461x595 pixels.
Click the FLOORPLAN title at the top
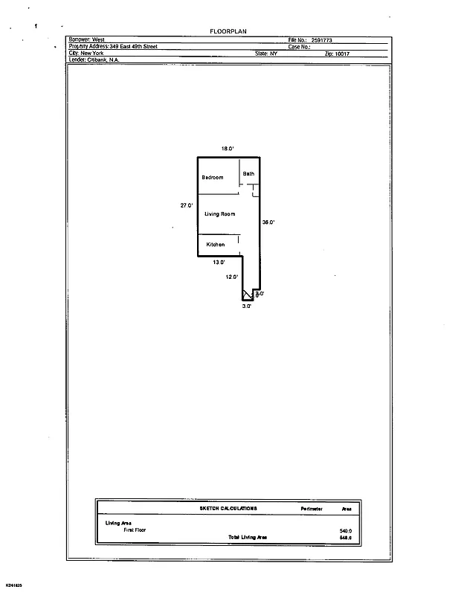tap(228, 31)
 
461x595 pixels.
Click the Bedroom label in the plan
tap(213, 178)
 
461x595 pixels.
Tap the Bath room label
tap(248, 174)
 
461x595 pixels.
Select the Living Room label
tap(220, 214)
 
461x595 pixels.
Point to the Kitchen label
tap(216, 245)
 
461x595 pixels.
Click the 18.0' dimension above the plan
tap(228, 149)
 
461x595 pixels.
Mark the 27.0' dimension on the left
tap(187, 205)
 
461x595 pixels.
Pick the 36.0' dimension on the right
tap(268, 222)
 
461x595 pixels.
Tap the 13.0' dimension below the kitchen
tap(219, 263)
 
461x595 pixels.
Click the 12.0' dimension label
tap(232, 277)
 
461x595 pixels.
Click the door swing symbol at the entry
tap(248, 295)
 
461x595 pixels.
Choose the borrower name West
tap(97, 39)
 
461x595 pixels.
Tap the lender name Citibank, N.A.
tap(103, 60)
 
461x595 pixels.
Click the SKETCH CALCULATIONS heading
tap(229, 509)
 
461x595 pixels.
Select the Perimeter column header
tap(312, 509)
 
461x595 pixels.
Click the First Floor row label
tap(136, 530)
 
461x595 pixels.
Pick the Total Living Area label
tap(248, 537)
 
